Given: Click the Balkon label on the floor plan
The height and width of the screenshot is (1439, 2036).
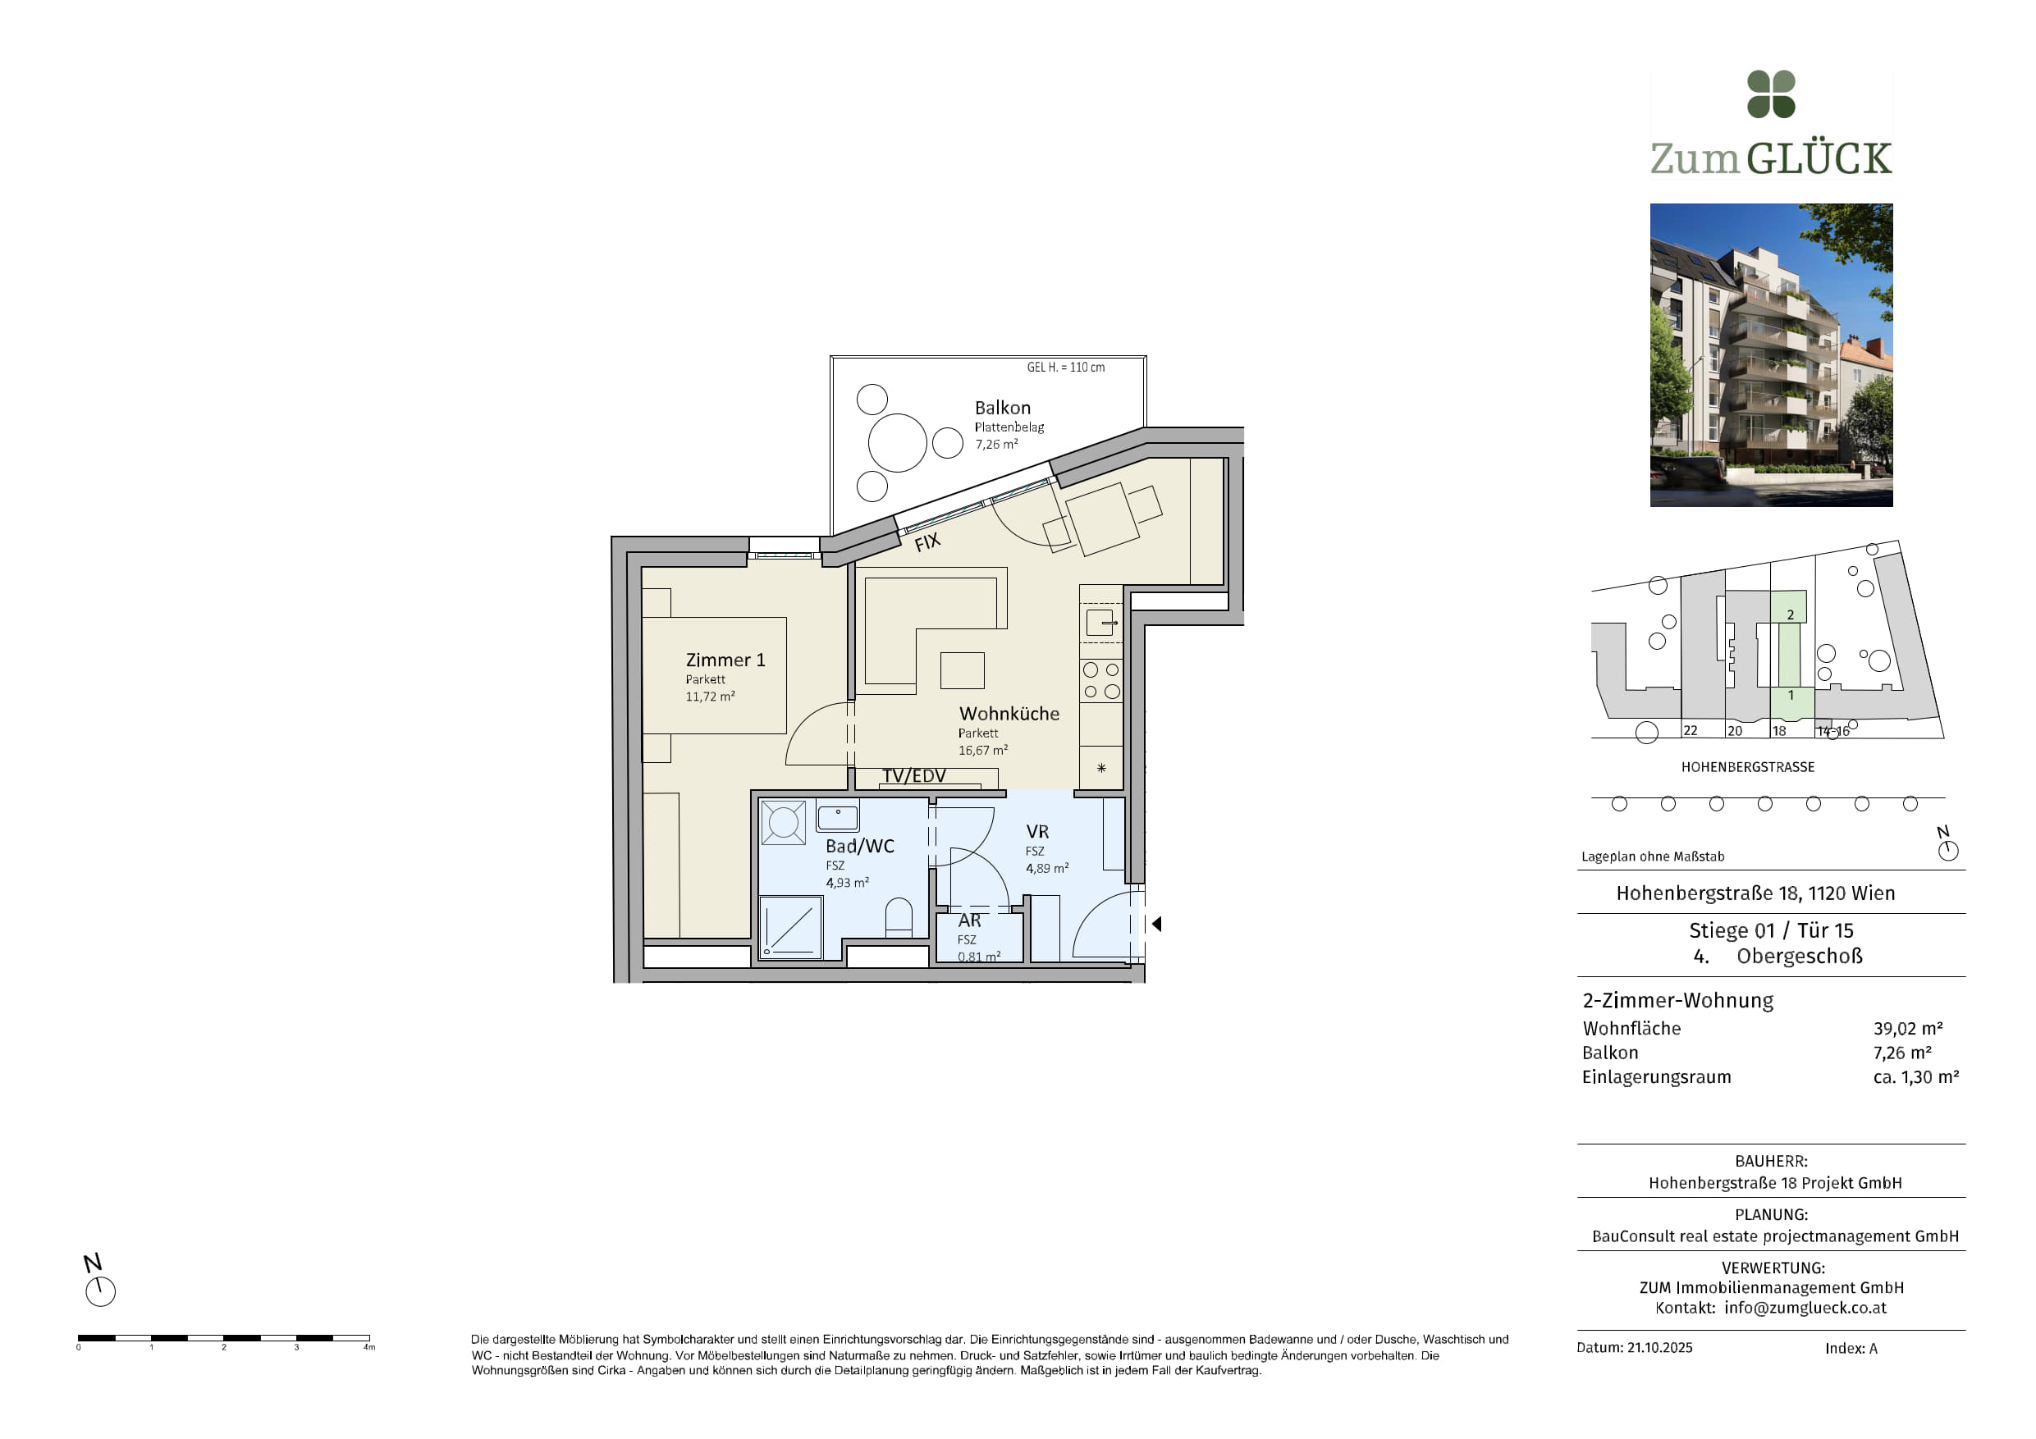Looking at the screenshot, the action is tap(1002, 408).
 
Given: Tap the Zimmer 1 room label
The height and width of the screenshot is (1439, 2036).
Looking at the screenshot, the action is tap(725, 660).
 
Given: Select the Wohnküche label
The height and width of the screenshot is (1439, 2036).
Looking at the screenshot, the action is tap(1009, 714).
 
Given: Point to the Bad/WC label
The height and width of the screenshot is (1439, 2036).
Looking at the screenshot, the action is tap(859, 846).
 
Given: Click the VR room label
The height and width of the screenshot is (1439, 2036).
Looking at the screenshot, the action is tap(1037, 832).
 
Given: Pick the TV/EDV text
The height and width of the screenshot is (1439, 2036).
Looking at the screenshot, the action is tap(913, 776).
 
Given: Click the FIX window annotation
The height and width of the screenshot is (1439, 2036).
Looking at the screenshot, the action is tap(927, 541).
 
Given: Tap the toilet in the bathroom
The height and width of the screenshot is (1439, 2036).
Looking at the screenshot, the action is tap(899, 918).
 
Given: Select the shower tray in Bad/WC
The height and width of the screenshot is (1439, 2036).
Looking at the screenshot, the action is tap(791, 925).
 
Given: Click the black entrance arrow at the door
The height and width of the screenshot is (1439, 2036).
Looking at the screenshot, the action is tap(1156, 924).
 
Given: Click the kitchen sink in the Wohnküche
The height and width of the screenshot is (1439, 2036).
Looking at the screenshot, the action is tap(1100, 623).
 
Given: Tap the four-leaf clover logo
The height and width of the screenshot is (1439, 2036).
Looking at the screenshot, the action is tap(1771, 94).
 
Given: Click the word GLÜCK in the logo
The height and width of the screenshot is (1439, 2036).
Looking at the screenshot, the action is tap(1819, 158).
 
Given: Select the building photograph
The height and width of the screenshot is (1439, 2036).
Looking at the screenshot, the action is tap(1771, 354).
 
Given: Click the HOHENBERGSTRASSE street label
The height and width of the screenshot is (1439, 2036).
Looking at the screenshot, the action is tap(1748, 767).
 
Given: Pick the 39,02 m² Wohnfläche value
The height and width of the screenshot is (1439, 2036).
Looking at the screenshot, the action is tap(1907, 1029).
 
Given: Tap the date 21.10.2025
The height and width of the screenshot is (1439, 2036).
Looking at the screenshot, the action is tap(1660, 1348).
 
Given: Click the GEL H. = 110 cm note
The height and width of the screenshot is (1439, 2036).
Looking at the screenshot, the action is tap(1066, 367).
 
